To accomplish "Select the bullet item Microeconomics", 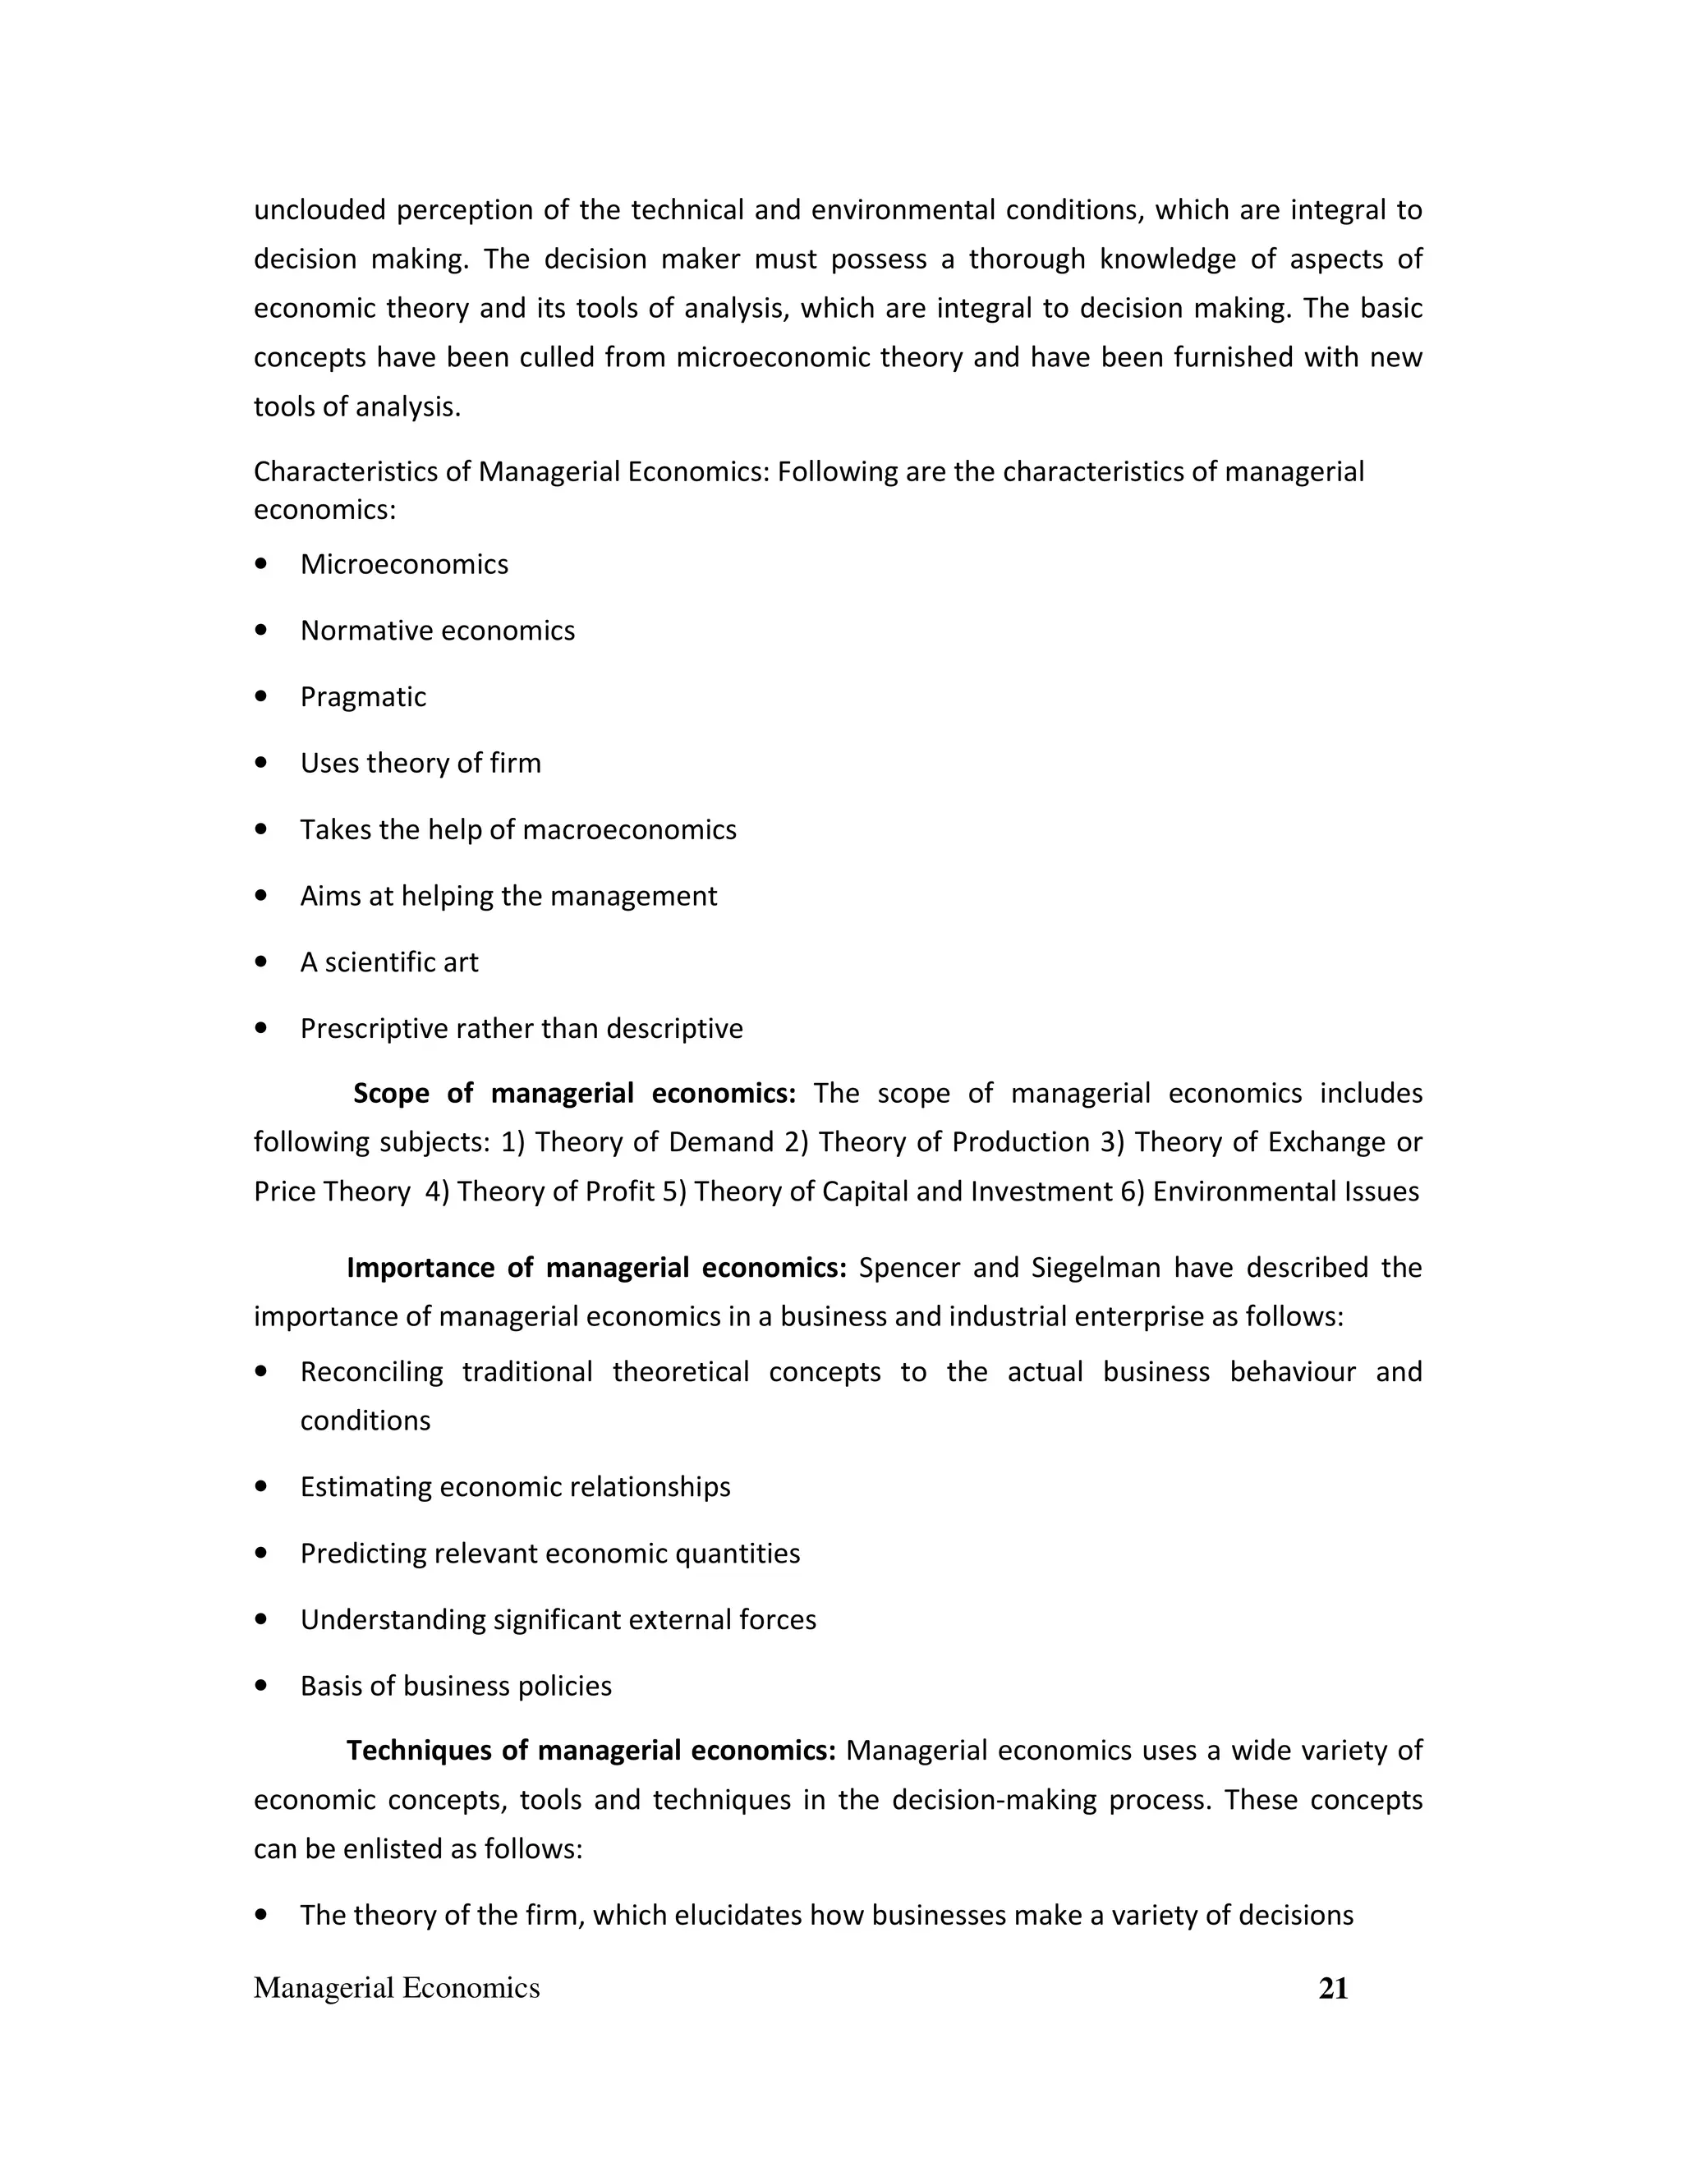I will pos(403,564).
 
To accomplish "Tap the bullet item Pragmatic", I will pos(363,696).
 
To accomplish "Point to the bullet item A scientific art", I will pos(388,962).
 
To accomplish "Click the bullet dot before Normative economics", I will pos(261,630).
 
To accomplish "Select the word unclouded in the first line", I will pos(319,210).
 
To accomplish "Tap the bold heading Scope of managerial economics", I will pos(574,1093).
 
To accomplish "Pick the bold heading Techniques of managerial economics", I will pos(591,1751).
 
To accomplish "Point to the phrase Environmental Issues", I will pos(1285,1191).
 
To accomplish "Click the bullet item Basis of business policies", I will pos(455,1686).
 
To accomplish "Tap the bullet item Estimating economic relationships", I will pos(515,1486).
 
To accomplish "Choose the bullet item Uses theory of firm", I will pos(420,763).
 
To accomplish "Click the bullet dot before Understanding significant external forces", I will pos(261,1619).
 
